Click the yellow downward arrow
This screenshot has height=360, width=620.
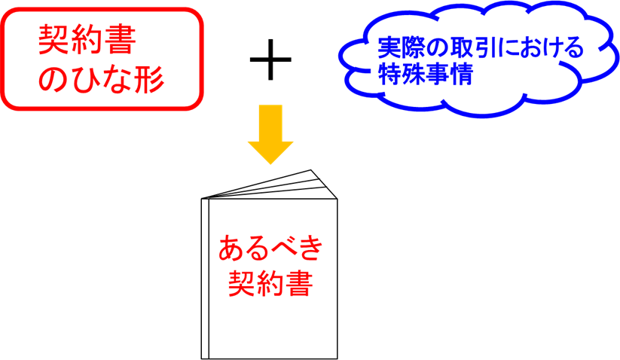pos(270,133)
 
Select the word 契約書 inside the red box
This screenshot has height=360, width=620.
pos(87,42)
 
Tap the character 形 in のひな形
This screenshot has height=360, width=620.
pos(148,80)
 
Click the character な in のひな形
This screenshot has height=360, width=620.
pos(117,80)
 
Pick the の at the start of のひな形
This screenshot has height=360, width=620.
pos(53,80)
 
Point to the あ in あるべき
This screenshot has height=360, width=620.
pos(231,248)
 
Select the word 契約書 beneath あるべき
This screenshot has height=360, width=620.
pos(270,284)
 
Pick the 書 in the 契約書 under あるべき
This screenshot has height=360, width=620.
pos(298,284)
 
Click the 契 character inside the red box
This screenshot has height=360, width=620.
pos(54,42)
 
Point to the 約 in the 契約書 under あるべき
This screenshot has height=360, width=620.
pos(270,284)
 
